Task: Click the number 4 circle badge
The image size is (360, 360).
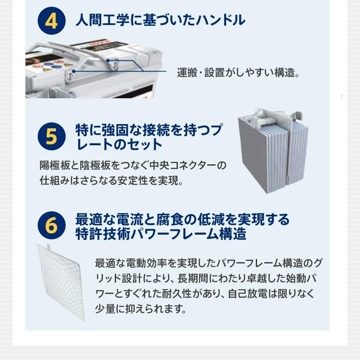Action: pyautogui.click(x=51, y=21)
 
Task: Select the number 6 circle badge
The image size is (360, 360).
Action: pyautogui.click(x=51, y=226)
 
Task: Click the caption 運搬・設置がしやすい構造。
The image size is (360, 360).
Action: pyautogui.click(x=238, y=73)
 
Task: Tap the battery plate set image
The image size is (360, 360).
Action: pyautogui.click(x=273, y=150)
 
